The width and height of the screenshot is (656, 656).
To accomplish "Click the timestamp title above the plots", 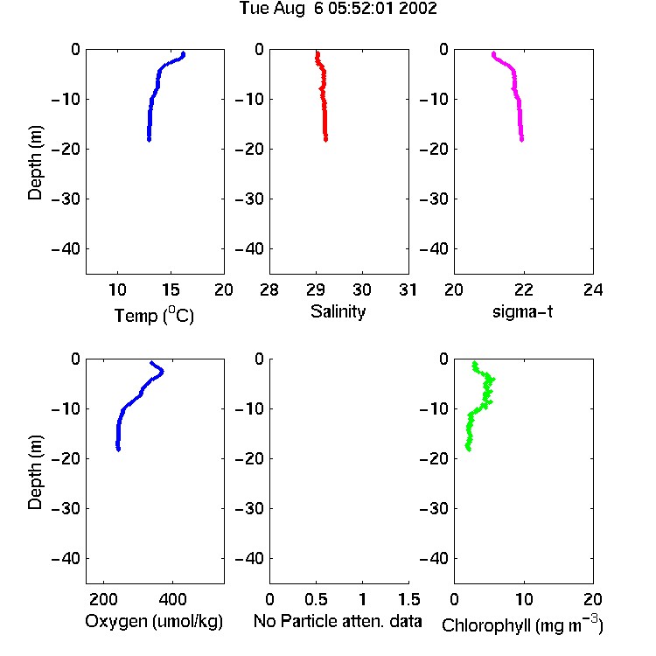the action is (x=338, y=8).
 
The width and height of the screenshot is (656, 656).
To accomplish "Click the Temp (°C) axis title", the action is (x=154, y=315).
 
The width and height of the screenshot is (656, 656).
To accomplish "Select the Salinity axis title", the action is (x=338, y=311).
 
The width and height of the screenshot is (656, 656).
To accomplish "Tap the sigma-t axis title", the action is (x=522, y=311).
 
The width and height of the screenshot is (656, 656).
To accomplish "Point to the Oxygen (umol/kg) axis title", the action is (x=154, y=621).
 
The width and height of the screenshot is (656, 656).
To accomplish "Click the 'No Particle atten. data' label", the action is (x=338, y=621).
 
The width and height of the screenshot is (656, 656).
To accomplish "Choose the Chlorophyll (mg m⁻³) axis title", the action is (x=522, y=625).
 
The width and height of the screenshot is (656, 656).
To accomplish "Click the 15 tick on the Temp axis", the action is (x=171, y=290).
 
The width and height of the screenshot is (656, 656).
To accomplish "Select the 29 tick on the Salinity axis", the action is (x=316, y=290).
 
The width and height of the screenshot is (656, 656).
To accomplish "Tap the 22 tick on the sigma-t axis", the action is (x=523, y=290).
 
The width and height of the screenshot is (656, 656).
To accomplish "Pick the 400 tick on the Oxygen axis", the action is (x=173, y=599).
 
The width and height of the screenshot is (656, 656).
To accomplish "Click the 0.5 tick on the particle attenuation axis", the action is (x=316, y=599).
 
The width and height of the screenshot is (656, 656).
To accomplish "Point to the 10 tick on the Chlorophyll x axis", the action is (x=524, y=599).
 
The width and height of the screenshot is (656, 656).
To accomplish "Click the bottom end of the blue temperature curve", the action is (x=149, y=140).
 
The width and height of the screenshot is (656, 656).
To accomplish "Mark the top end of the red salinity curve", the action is (x=318, y=53).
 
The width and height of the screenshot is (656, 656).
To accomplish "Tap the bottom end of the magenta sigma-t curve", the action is (x=521, y=140).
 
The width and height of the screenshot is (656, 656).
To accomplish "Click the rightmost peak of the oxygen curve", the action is (x=163, y=371).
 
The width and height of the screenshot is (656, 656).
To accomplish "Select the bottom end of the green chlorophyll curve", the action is (x=468, y=449).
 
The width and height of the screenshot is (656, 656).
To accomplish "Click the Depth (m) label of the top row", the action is (x=35, y=163).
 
